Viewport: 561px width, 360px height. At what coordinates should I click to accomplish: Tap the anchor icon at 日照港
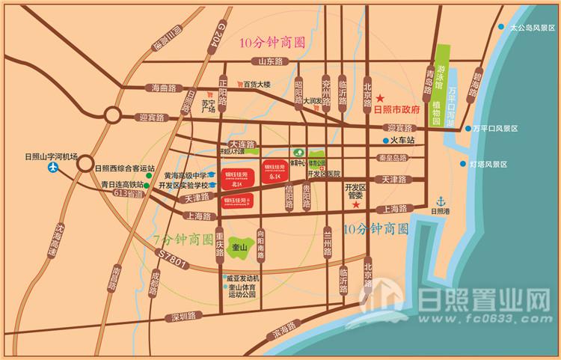[441, 201]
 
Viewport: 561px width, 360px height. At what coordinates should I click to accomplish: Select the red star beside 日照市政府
[379, 99]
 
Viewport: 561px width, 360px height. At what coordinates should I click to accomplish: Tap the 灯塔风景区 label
[488, 165]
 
